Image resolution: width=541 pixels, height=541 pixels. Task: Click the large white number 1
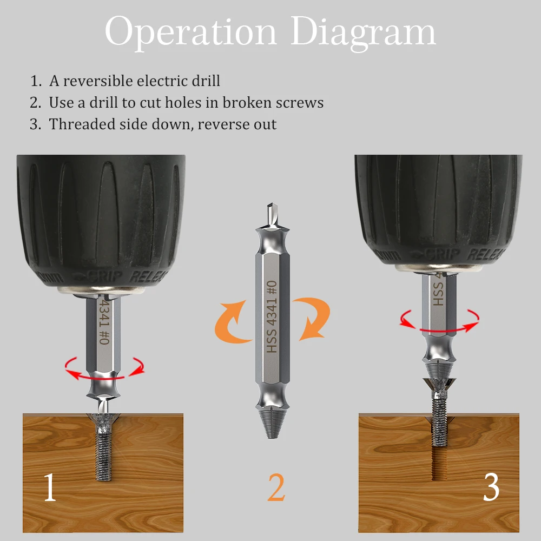coord(49,486)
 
